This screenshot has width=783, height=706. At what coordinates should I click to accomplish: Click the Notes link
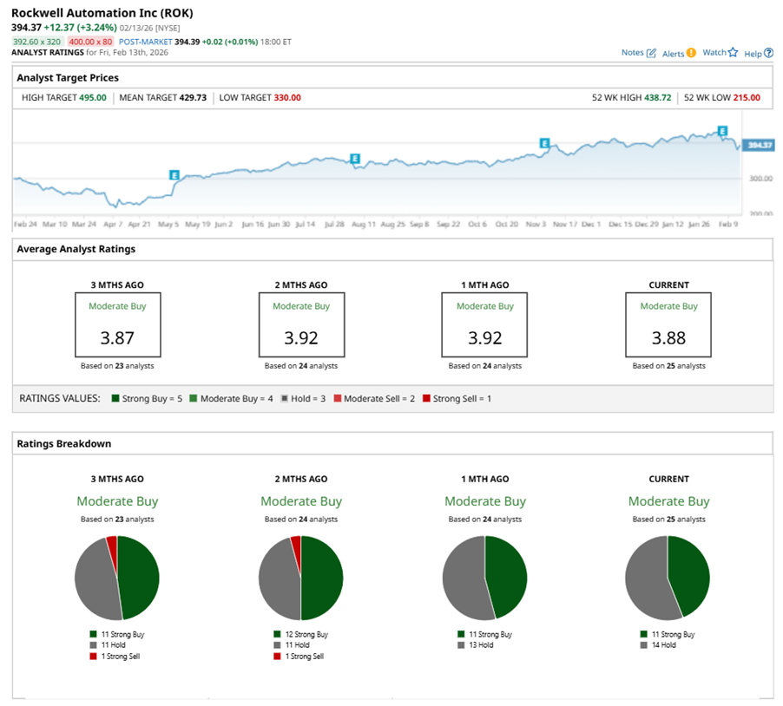coord(632,53)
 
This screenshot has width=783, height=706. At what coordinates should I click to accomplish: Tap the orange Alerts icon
coord(691,53)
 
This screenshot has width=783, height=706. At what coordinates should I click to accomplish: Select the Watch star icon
coord(733,53)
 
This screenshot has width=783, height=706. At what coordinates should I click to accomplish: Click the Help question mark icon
coord(768,53)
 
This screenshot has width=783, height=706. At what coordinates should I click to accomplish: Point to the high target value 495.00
coord(93,98)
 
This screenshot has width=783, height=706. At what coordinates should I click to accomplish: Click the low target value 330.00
coord(287,98)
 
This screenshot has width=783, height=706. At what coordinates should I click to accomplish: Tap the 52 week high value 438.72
coord(657,98)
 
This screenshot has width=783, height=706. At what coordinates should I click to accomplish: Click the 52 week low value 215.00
coord(746,98)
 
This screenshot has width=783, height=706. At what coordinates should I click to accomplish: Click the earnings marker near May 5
coord(174,174)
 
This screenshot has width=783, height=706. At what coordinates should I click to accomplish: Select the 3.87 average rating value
coord(117,337)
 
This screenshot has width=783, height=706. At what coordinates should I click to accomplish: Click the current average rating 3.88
coord(668,337)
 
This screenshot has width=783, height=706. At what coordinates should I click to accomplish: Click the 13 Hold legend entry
coord(477,645)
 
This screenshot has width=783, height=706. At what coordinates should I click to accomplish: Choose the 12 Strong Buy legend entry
coord(300,634)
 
